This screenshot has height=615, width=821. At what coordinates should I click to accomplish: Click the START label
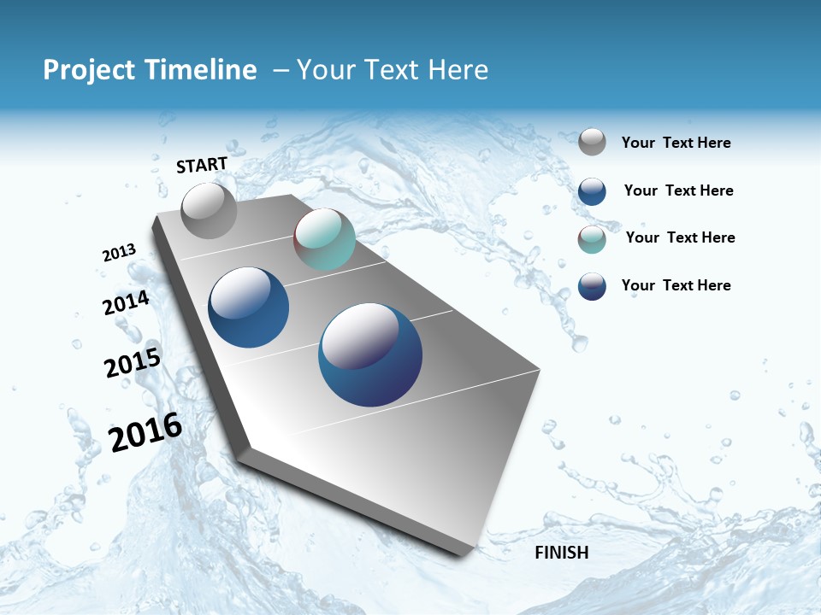coord(202,165)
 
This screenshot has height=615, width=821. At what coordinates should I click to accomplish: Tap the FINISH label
coord(561,553)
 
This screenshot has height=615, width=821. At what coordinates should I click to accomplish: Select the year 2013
coord(119,253)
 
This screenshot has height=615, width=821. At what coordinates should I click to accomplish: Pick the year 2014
coord(126,303)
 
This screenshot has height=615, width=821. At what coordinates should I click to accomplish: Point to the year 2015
coord(132,363)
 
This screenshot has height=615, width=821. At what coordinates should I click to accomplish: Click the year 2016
coord(145,432)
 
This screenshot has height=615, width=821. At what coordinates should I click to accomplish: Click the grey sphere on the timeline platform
coord(209,210)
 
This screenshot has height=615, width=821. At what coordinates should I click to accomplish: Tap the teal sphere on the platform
coord(324,239)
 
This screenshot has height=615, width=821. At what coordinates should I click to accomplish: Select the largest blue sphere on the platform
coord(370,354)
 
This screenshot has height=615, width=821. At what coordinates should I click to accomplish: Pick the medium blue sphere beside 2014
coord(248,307)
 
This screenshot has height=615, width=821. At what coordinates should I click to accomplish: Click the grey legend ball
coord(592,142)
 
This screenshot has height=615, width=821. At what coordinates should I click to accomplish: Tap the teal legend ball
coord(592,239)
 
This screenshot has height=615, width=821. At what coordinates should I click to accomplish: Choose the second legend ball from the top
coord(592,191)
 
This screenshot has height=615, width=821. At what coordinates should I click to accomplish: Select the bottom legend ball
coord(592,286)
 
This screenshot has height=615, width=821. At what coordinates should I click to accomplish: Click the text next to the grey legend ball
coord(676,143)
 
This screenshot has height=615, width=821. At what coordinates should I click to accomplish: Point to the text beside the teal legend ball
coord(680,237)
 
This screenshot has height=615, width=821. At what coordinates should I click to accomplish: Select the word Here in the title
coord(458,70)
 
